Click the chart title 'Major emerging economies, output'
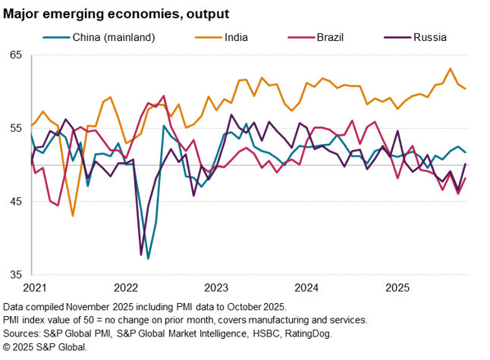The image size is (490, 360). coord(116,14)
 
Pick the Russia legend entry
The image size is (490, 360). coord(429,36)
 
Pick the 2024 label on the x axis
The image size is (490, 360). coord(306,288)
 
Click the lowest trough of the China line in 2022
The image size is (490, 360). coord(148,259)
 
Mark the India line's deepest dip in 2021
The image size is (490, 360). coord(73,217)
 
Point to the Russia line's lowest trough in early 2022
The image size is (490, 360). coord(141,255)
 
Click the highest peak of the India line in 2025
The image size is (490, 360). coord(451,68)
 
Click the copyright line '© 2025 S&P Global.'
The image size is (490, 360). coord(46,346)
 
